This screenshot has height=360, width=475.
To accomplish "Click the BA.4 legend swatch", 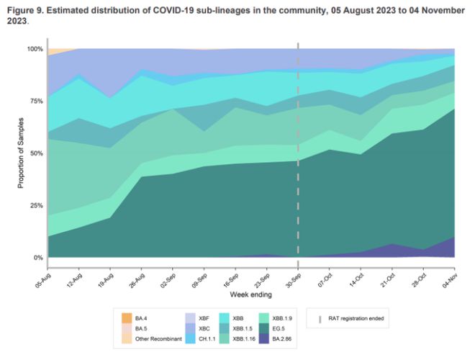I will [127, 316].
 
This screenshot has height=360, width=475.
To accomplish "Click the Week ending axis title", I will [250, 295].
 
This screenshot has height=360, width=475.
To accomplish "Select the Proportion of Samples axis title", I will [21, 154].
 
